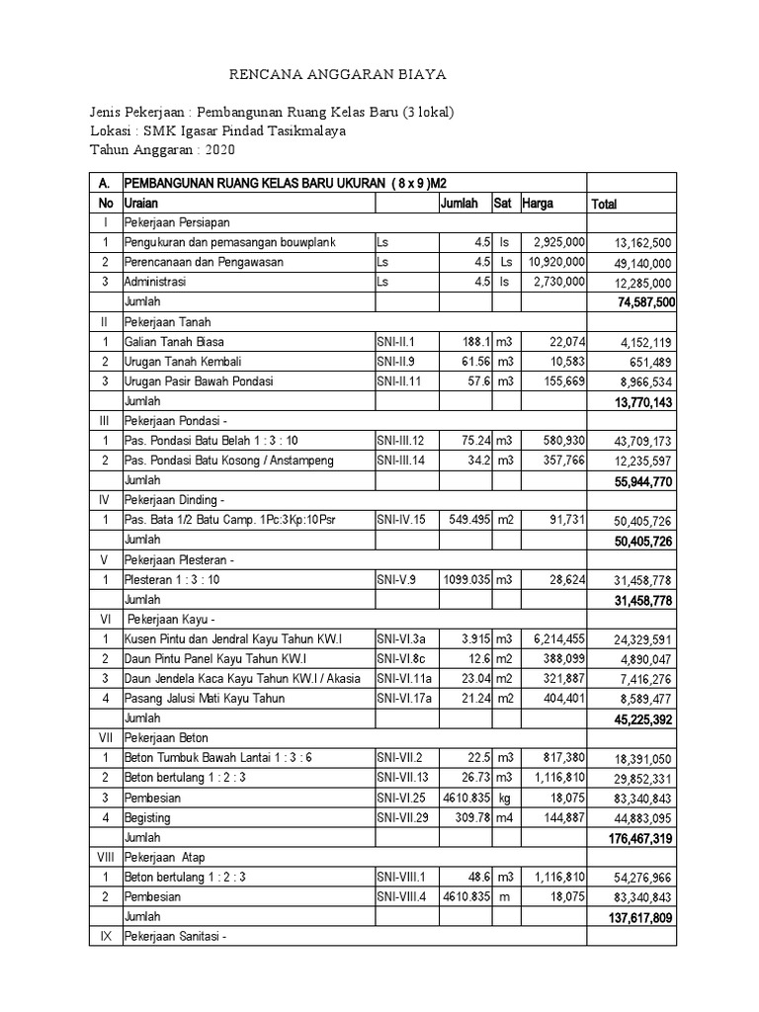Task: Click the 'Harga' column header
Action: [539, 203]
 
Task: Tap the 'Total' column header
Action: [604, 205]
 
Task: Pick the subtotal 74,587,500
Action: [639, 302]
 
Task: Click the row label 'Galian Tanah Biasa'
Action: [173, 341]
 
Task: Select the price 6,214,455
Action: [556, 639]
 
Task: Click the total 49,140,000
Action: [641, 263]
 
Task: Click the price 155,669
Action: [560, 380]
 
